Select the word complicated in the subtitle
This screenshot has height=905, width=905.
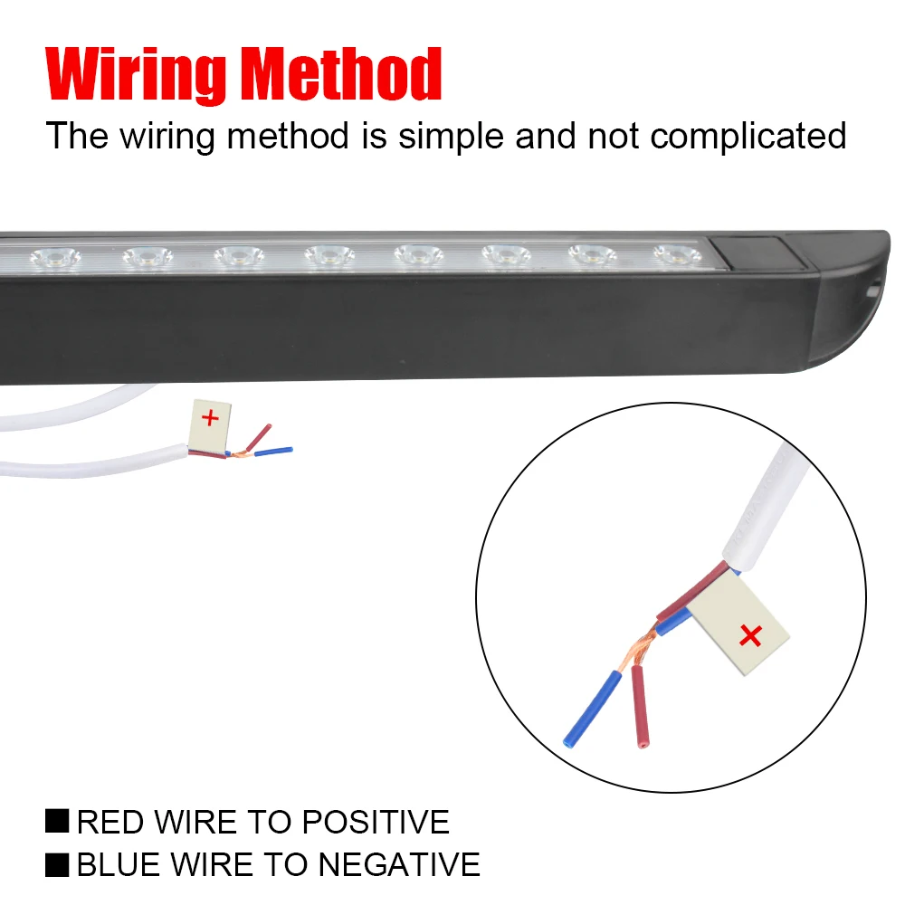[748, 137]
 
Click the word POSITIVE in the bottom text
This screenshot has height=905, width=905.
[376, 822]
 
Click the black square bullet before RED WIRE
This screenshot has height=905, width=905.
[57, 821]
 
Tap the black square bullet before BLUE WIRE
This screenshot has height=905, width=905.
[57, 863]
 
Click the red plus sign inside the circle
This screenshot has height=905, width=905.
[750, 636]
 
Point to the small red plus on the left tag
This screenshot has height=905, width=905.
[210, 417]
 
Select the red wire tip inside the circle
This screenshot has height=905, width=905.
[642, 745]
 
